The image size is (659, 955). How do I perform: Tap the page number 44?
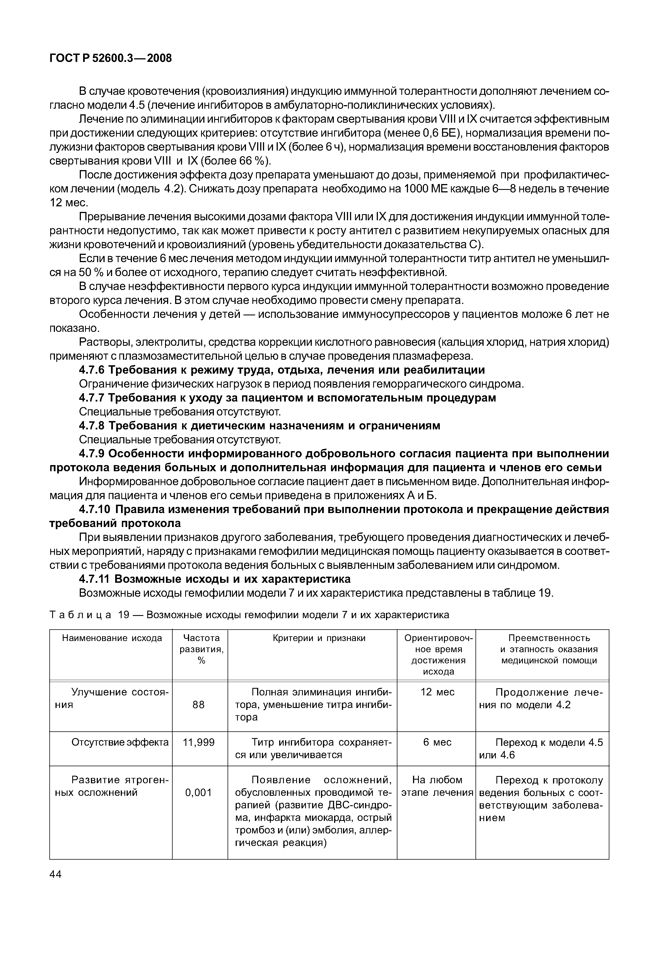[x=55, y=874]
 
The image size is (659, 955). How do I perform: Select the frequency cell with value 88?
[x=199, y=705]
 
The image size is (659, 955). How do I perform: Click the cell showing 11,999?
[x=199, y=743]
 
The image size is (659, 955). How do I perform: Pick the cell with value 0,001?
[x=199, y=792]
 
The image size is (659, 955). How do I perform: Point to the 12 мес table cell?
[x=437, y=692]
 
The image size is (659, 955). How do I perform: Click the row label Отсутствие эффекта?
[x=120, y=743]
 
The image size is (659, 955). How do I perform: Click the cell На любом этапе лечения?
[x=437, y=786]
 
